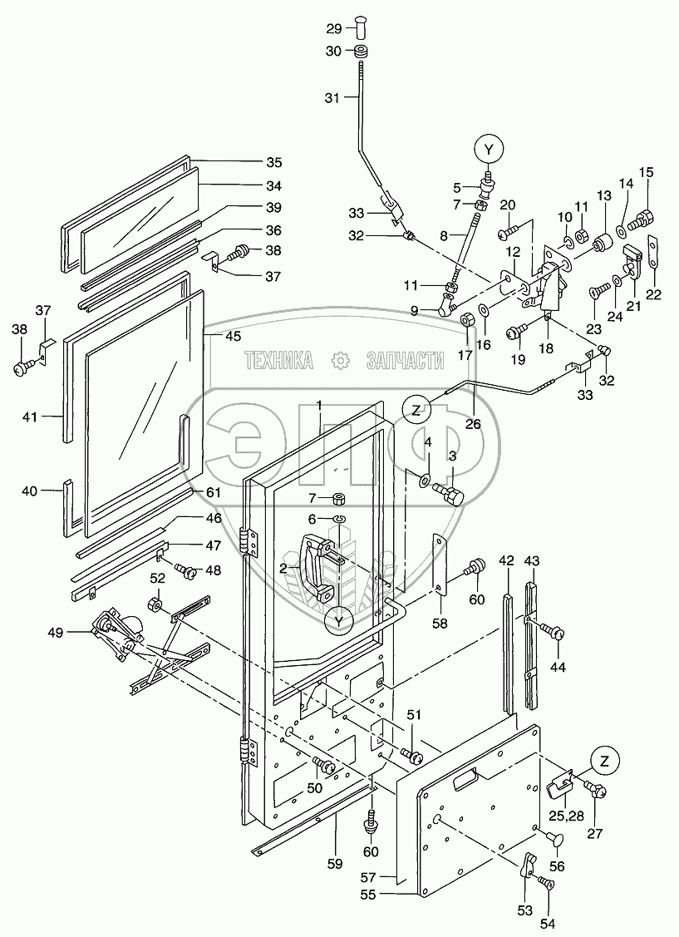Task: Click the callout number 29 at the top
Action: tap(334, 28)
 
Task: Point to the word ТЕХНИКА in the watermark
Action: tap(278, 360)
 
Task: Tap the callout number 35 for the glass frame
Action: tap(250, 162)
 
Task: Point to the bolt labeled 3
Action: tap(455, 496)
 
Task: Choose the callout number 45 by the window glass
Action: tap(233, 336)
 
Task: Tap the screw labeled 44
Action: tap(554, 634)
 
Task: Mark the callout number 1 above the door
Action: tap(317, 405)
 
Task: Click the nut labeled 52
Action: tap(155, 603)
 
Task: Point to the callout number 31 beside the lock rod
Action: tap(333, 98)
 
